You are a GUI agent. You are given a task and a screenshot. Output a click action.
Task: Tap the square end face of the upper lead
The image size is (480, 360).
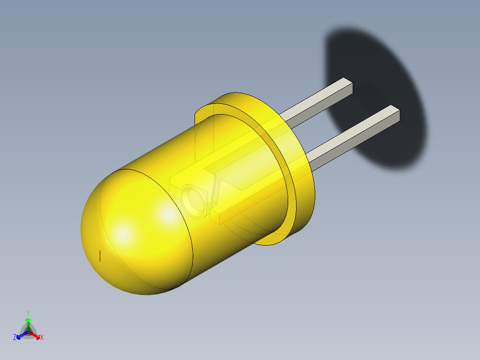(x=348, y=86)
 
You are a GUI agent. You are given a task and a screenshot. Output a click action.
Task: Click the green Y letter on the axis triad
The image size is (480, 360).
(x=28, y=313)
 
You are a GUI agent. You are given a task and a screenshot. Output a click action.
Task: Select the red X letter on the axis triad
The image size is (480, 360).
(x=42, y=338)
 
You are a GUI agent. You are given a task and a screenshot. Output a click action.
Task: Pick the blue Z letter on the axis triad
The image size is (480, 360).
(x=15, y=337)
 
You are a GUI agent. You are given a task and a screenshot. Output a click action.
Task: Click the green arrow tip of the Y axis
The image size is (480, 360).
(x=28, y=320)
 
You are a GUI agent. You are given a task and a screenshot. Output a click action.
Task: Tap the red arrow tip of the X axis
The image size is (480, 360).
(x=37, y=335)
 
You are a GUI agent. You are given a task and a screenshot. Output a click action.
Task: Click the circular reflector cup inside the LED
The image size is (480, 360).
(x=195, y=202)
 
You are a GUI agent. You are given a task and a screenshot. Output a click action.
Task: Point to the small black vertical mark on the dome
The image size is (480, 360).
(x=100, y=256)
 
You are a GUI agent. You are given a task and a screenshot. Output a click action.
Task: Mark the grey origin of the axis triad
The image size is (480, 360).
(x=28, y=331)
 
